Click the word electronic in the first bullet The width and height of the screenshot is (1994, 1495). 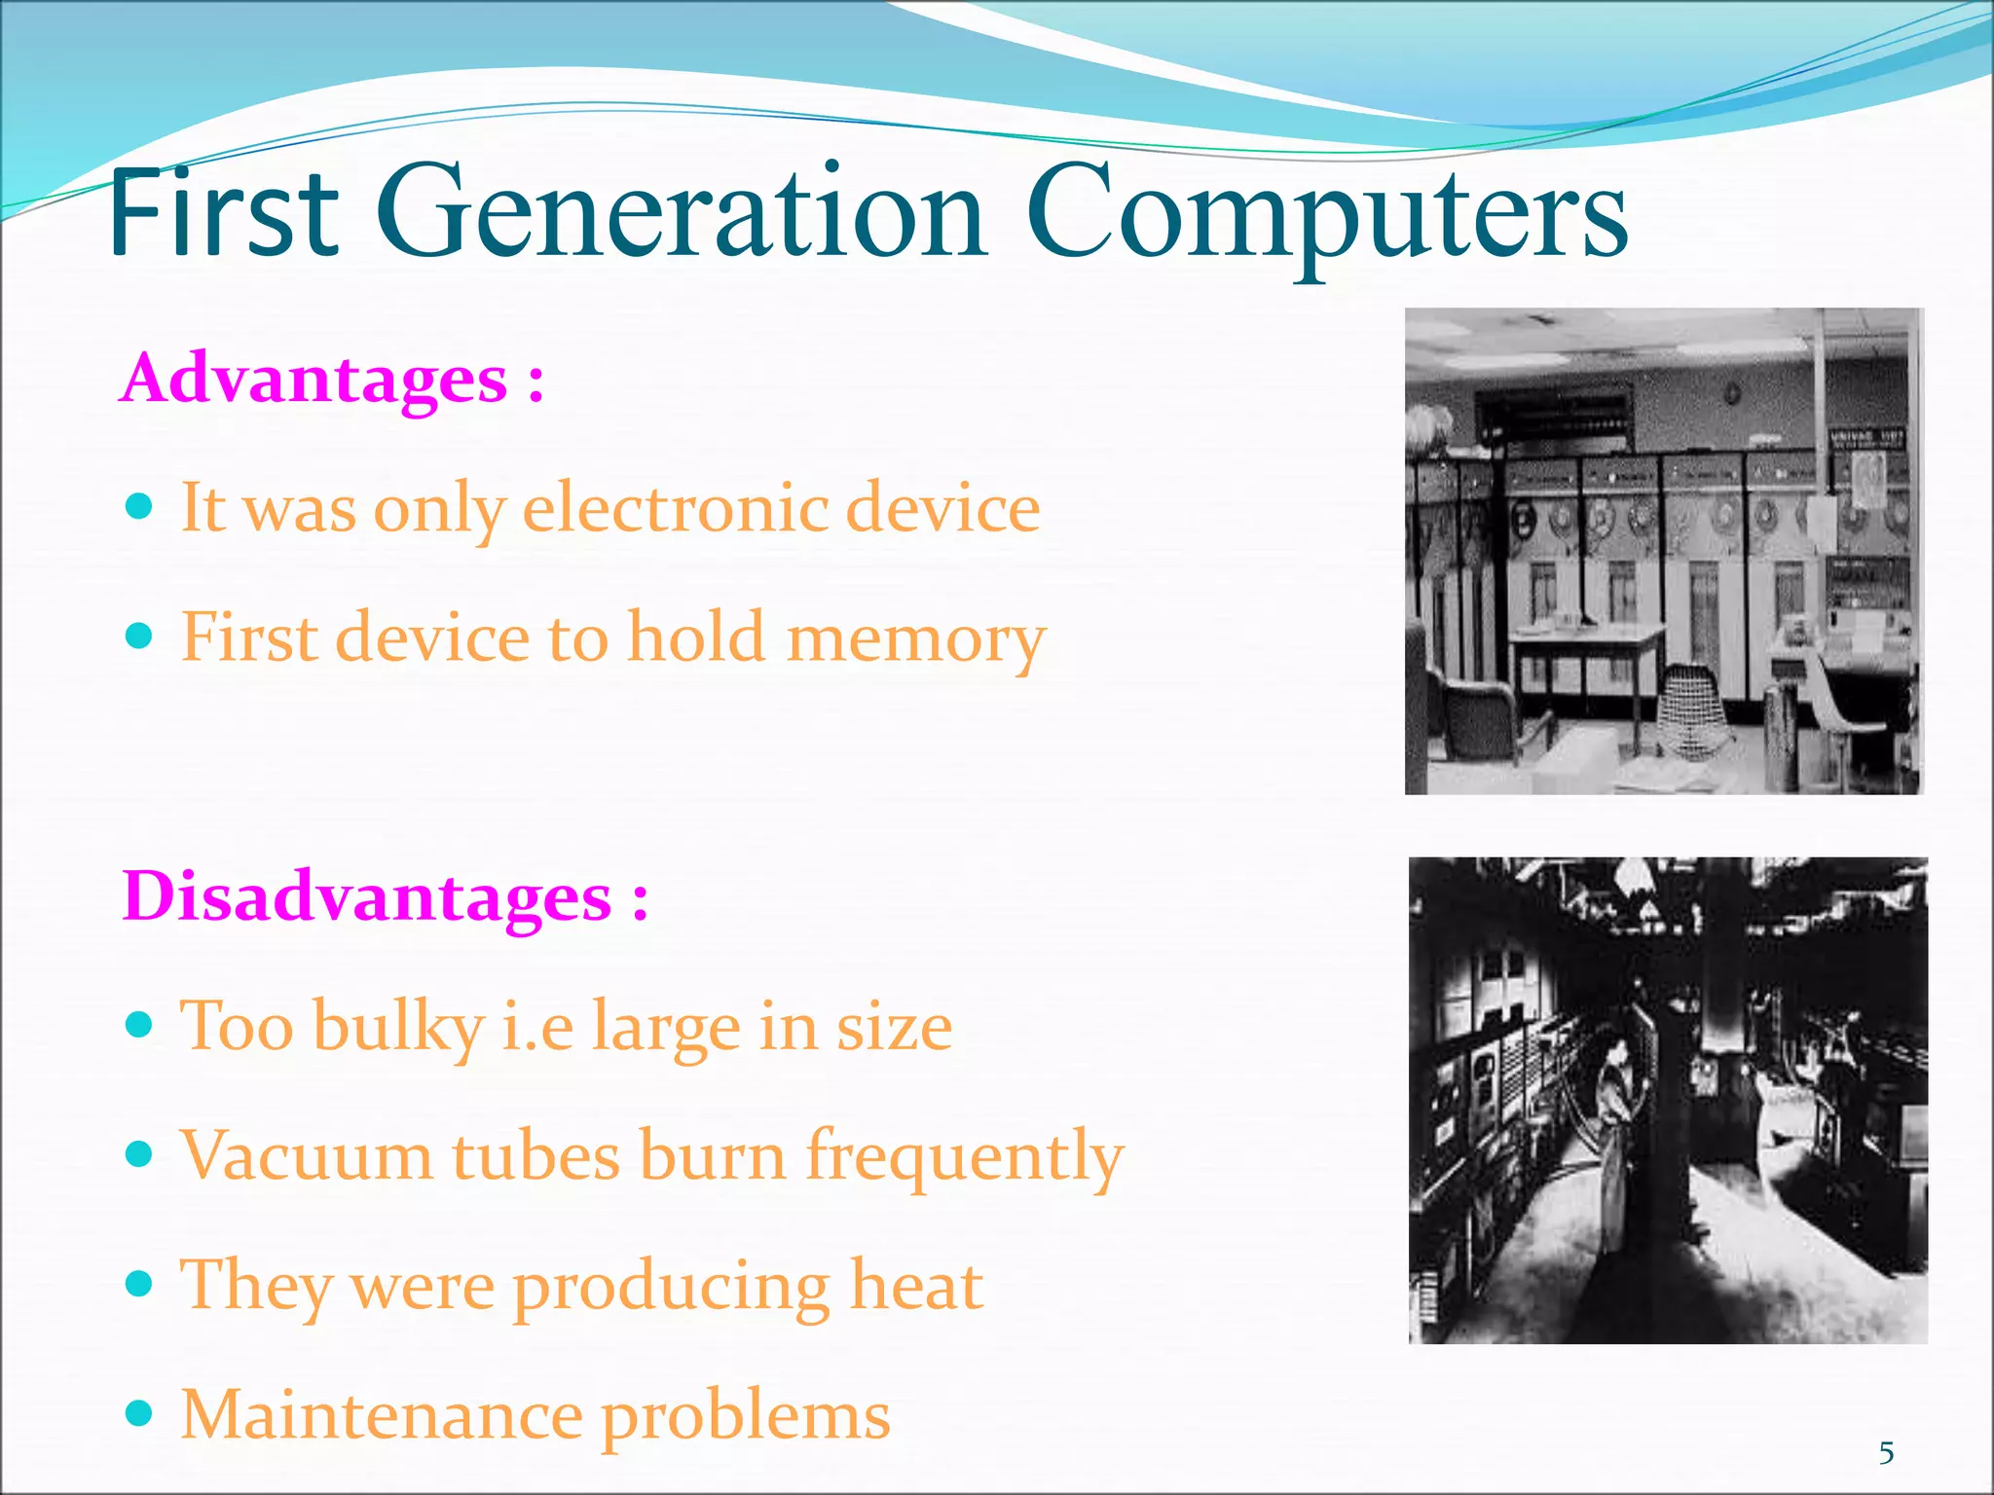[676, 507]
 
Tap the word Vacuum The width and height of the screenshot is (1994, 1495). [307, 1155]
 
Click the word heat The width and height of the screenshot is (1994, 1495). [915, 1285]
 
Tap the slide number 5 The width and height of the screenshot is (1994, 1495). [1886, 1453]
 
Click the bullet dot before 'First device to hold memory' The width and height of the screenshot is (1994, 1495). [140, 637]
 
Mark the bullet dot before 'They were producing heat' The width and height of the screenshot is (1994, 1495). [140, 1284]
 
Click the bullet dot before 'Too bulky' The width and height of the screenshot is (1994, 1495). [140, 1024]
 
